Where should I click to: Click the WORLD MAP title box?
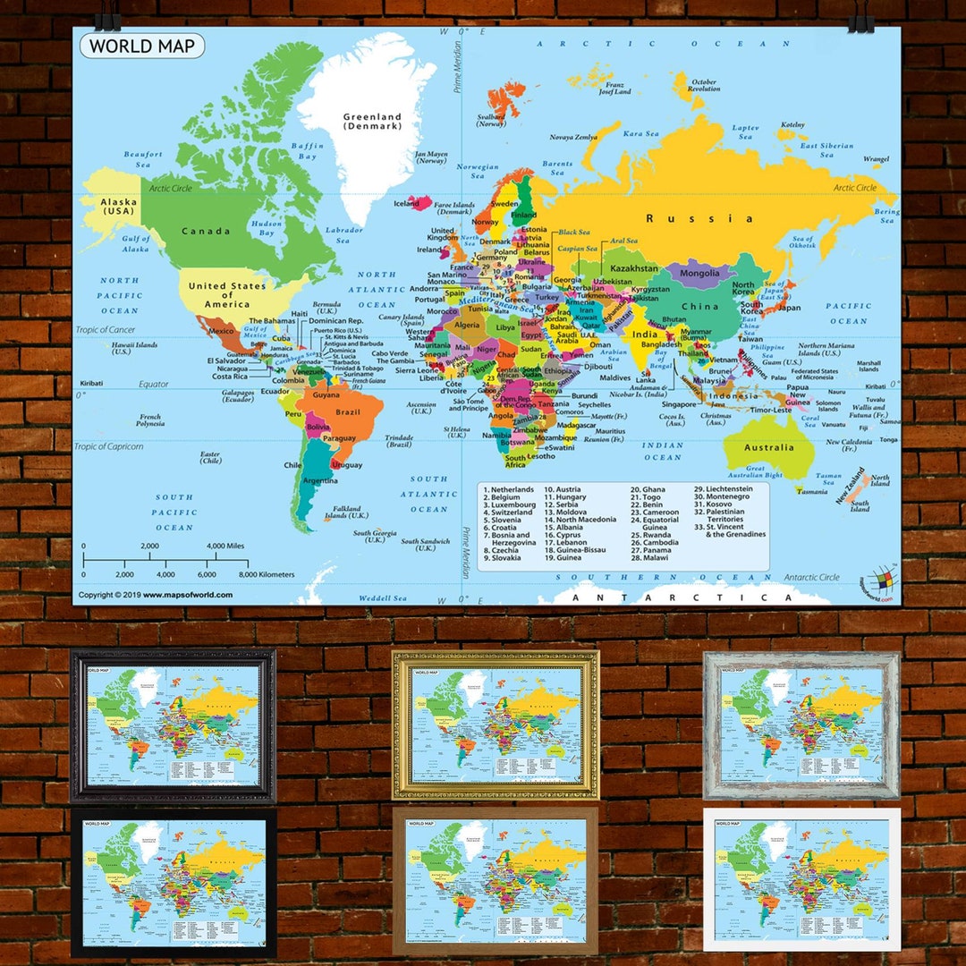(x=142, y=46)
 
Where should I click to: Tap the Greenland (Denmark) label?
(x=373, y=122)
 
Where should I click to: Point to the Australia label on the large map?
(x=769, y=447)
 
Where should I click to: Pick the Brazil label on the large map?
(x=347, y=412)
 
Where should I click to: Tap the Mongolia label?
(x=699, y=273)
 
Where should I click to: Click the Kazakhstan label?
(x=633, y=268)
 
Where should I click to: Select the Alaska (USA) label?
(x=118, y=208)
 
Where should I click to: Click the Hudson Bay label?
(x=267, y=227)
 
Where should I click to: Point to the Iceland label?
(x=406, y=203)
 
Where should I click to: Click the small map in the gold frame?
(x=495, y=724)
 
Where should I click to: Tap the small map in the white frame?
(x=801, y=877)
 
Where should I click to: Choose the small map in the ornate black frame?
(x=173, y=725)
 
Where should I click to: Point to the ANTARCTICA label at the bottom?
(x=682, y=597)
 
